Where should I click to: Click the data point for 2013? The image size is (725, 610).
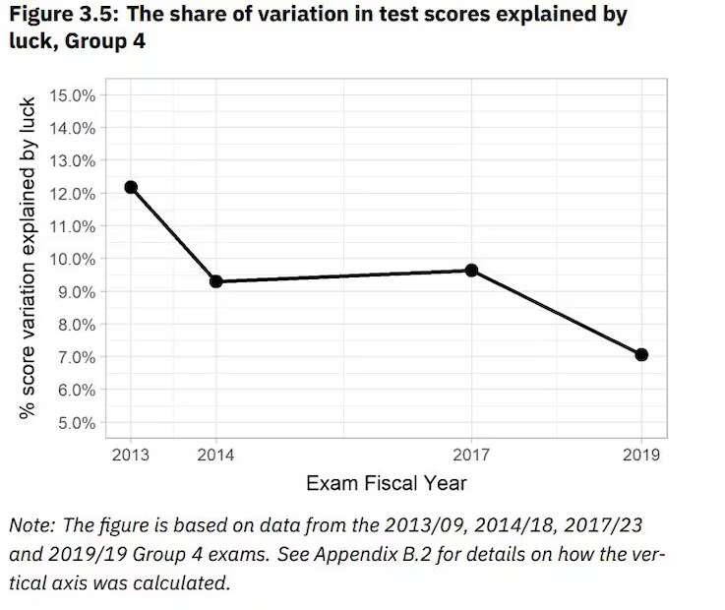pyautogui.click(x=131, y=187)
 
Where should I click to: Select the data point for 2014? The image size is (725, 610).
pyautogui.click(x=215, y=281)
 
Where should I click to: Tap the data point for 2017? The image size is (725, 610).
pyautogui.click(x=472, y=270)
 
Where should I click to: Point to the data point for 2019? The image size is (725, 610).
pyautogui.click(x=641, y=354)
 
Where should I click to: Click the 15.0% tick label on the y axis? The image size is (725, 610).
pyautogui.click(x=71, y=95)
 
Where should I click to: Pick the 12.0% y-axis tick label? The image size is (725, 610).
pyautogui.click(x=71, y=194)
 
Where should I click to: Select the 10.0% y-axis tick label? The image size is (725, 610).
pyautogui.click(x=71, y=259)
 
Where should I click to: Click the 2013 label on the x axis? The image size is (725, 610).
pyautogui.click(x=131, y=455)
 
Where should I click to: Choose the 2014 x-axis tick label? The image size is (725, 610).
pyautogui.click(x=215, y=455)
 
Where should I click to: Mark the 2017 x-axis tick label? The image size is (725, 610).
pyautogui.click(x=472, y=455)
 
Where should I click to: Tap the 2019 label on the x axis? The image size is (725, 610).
pyautogui.click(x=641, y=455)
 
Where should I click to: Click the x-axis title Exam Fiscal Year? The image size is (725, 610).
pyautogui.click(x=387, y=483)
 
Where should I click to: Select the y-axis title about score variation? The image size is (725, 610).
pyautogui.click(x=30, y=258)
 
